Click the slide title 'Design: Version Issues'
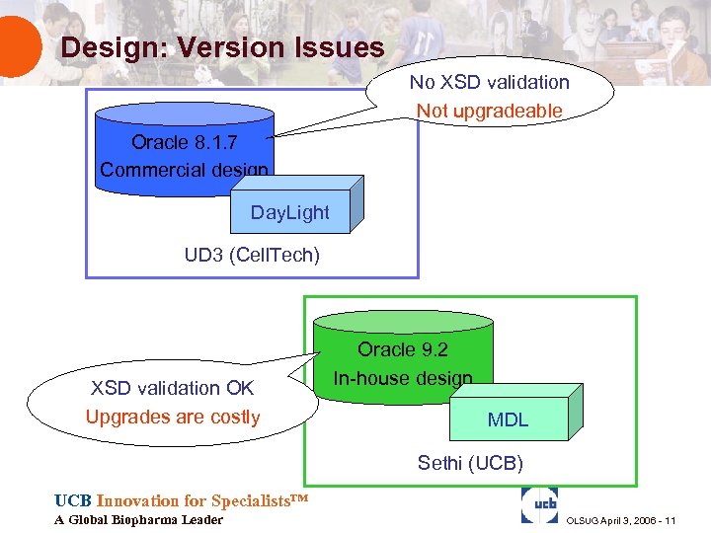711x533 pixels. coord(222,46)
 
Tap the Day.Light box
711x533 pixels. coord(290,211)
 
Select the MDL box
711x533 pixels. coord(508,419)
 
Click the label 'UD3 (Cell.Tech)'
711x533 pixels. coord(252,256)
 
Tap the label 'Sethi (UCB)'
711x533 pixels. coord(470,463)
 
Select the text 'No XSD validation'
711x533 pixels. coord(489,83)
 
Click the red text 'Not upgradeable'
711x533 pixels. coord(489,111)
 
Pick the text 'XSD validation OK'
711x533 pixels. coord(172,389)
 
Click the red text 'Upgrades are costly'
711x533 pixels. coord(172,417)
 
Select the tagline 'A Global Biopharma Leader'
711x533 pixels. coord(138,520)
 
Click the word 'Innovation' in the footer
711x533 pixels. coord(137,500)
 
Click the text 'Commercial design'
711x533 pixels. coord(185,169)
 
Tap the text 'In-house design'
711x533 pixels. coord(402,377)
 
